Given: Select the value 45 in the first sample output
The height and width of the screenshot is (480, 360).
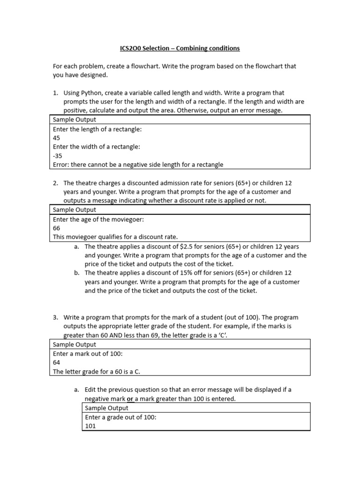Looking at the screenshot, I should (x=57, y=138).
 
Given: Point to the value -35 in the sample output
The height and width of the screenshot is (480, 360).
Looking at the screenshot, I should (x=57, y=156).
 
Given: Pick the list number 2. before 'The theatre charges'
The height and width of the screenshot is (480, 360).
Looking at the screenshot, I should (x=55, y=183).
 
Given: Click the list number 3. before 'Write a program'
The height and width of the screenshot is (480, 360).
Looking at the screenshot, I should (x=55, y=317).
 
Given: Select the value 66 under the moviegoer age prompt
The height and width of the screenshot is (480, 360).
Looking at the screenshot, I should (x=57, y=228).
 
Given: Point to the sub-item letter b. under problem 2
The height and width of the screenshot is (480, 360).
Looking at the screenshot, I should (x=77, y=273).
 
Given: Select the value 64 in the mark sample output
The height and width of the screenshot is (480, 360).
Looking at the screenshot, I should (x=57, y=362).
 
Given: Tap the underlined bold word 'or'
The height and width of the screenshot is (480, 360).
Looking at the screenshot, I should (x=130, y=398).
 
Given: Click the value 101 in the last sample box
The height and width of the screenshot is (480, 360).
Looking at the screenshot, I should (x=90, y=426).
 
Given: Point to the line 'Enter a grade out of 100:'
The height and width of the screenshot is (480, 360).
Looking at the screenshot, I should (x=120, y=417).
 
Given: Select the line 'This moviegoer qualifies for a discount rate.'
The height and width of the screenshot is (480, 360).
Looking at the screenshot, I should (x=115, y=237).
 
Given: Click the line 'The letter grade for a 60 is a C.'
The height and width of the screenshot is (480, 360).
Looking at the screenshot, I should (x=97, y=371).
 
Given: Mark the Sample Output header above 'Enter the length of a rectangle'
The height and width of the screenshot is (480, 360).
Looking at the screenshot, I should (x=74, y=120).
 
